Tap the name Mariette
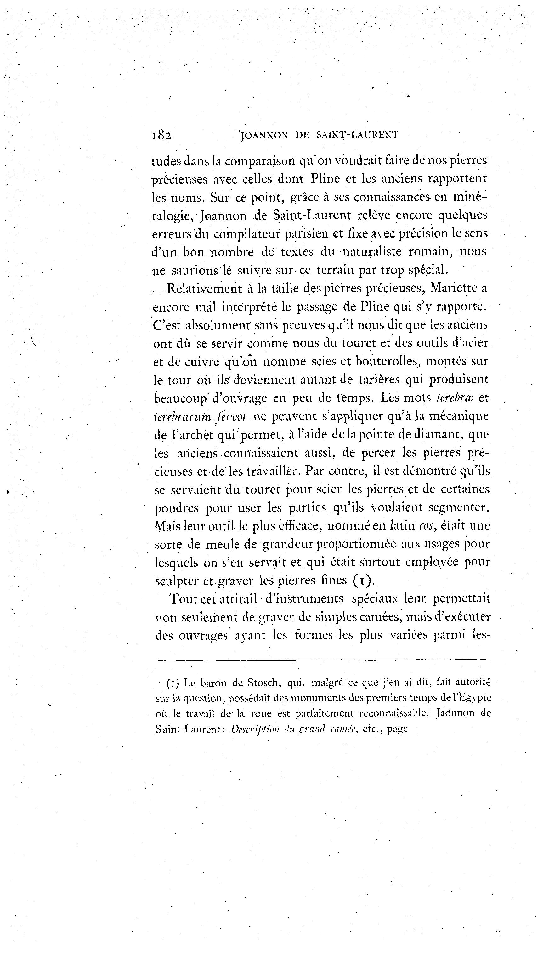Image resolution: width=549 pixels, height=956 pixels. (x=452, y=288)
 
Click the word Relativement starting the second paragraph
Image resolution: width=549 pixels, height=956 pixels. (x=204, y=288)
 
